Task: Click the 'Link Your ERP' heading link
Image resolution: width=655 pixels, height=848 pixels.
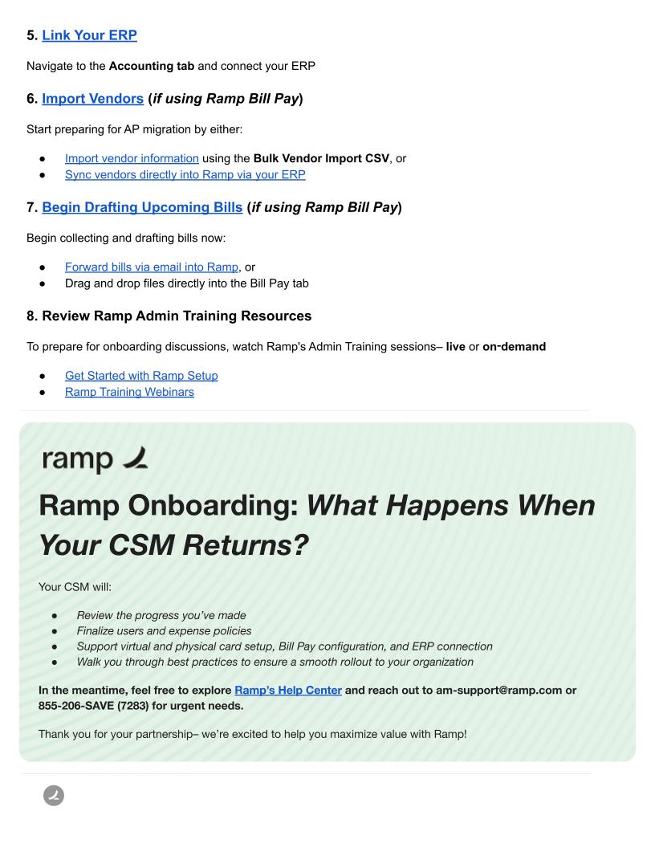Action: [x=89, y=35]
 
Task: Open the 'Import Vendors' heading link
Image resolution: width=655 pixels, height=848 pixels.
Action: [x=92, y=99]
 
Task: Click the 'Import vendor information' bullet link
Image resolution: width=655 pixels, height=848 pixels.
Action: [x=132, y=158]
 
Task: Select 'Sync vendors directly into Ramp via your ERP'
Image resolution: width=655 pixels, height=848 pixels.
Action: [x=185, y=174]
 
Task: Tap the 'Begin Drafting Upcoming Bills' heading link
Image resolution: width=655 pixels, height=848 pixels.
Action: [x=142, y=207]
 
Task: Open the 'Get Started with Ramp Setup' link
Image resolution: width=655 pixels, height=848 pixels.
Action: [x=141, y=375]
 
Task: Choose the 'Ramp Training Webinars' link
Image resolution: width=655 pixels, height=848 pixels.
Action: [x=129, y=392]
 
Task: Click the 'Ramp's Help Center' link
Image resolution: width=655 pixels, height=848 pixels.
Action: [x=288, y=690]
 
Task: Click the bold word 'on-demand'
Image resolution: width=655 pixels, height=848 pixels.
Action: [x=514, y=347]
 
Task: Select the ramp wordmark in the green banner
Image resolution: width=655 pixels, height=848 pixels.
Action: [x=95, y=459]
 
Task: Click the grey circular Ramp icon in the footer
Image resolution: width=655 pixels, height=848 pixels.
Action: [x=54, y=796]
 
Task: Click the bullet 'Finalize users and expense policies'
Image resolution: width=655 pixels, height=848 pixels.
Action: [x=164, y=630]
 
